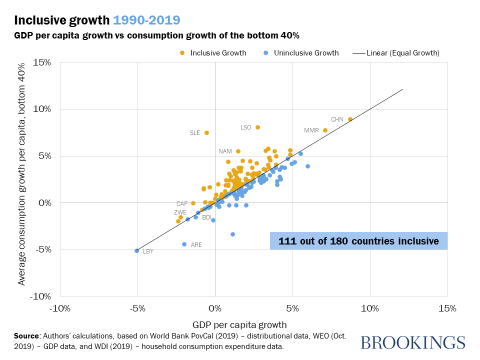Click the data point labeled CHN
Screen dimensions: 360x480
pos(350,119)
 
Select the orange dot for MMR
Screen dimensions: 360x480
pos(325,130)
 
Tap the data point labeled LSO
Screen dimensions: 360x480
pos(257,127)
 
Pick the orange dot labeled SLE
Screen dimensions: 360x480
pos(206,132)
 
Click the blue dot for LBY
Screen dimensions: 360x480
pos(136,250)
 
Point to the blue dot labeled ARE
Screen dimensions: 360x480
pos(184,244)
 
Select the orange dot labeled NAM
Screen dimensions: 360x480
pos(238,151)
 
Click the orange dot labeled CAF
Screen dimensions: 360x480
pos(193,203)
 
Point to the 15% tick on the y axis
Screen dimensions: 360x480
pos(42,62)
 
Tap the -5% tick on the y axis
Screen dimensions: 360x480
pos(42,249)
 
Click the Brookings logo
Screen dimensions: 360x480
pos(412,342)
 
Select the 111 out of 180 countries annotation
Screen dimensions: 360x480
pos(358,241)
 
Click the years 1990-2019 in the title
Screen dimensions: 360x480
pos(147,20)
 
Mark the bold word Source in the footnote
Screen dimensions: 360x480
pos(27,335)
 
